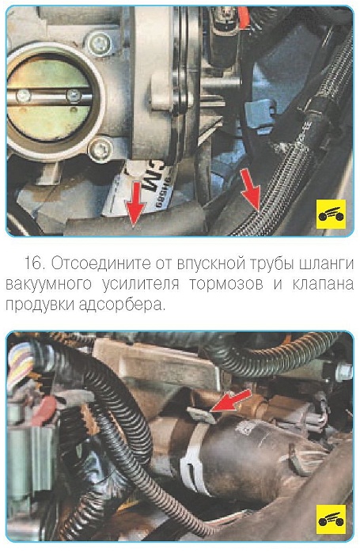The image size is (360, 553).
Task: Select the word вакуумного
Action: click(x=48, y=285)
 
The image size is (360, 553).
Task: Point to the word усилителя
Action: click(x=141, y=285)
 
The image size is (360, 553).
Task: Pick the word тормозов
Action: click(x=226, y=284)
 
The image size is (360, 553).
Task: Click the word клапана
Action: click(x=323, y=284)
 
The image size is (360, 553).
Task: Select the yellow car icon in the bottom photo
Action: click(x=331, y=519)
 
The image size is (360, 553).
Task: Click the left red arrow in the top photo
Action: click(x=135, y=203)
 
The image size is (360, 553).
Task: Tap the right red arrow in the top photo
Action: click(x=252, y=191)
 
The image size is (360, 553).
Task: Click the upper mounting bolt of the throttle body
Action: click(x=100, y=44)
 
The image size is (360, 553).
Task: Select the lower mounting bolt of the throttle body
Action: click(x=100, y=150)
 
